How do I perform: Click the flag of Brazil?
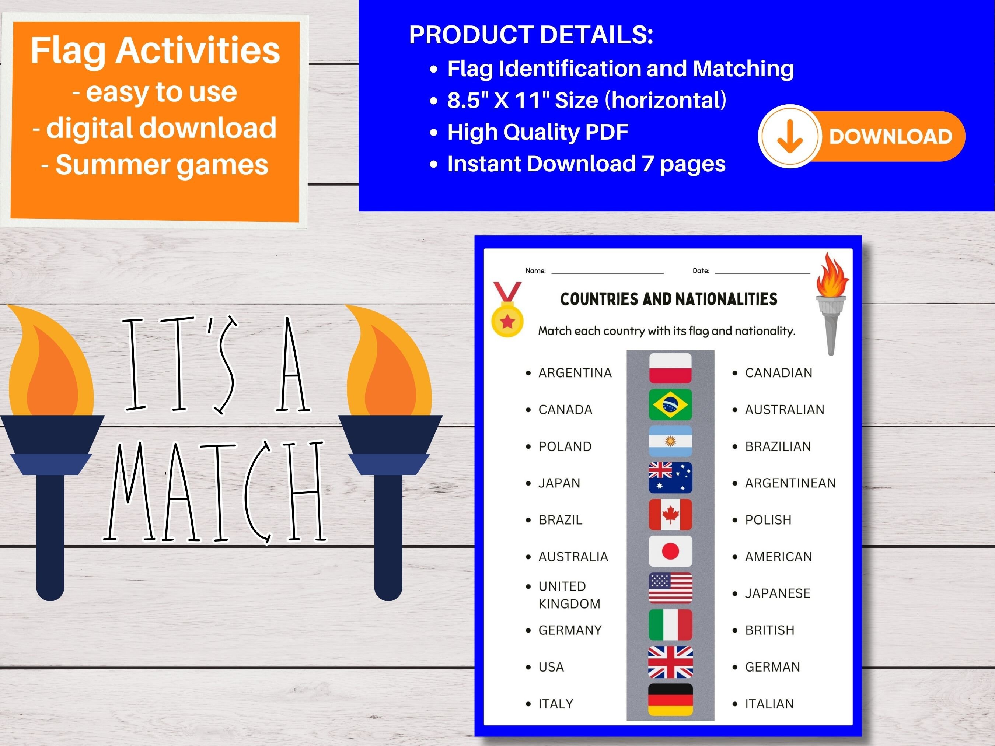(x=670, y=404)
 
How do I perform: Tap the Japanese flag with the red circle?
(x=670, y=551)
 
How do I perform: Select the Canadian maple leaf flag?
(x=670, y=514)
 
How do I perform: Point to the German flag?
(x=670, y=699)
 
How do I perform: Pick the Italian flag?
(x=670, y=625)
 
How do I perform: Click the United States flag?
(x=670, y=588)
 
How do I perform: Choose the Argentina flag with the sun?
(x=670, y=441)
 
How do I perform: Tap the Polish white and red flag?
(x=670, y=368)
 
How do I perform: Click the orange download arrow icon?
(x=789, y=136)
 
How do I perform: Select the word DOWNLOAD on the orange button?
(x=891, y=136)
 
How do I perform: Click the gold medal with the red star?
(x=507, y=320)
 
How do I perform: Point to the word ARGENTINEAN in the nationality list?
(x=790, y=483)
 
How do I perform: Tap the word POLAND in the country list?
(x=565, y=446)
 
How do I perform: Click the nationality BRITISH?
(x=769, y=630)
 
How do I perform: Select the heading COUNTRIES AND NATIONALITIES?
(x=668, y=299)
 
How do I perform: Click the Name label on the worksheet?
(x=535, y=271)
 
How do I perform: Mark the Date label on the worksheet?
(x=701, y=271)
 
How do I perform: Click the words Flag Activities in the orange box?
(x=155, y=50)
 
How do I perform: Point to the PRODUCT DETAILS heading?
(x=531, y=35)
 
